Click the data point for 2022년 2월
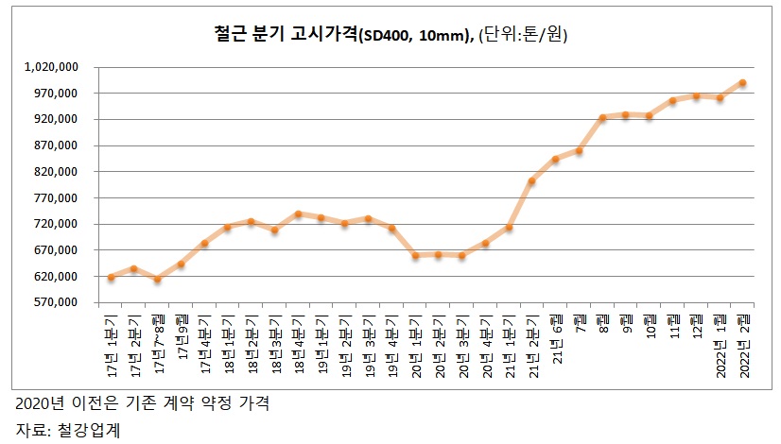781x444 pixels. tap(742, 83)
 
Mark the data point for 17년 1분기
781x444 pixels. tap(111, 277)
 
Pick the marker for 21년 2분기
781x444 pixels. tap(531, 181)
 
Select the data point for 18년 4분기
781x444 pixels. tap(298, 214)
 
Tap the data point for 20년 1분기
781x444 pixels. tap(415, 255)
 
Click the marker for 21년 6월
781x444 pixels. tap(555, 160)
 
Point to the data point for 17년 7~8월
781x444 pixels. tap(158, 279)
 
